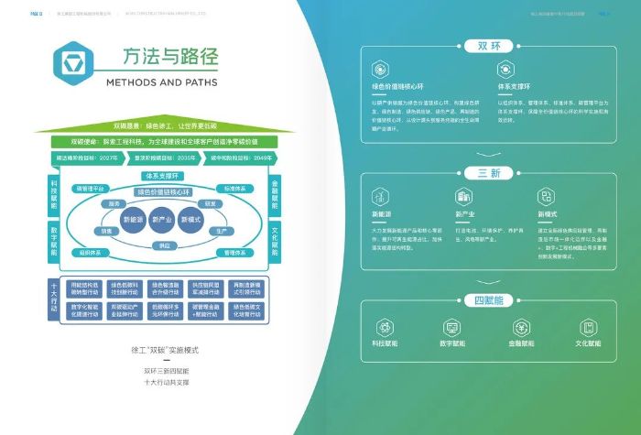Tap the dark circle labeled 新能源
coord(134,220)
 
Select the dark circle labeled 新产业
coord(163,220)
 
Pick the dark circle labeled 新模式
coord(191,220)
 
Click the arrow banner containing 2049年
coord(242,158)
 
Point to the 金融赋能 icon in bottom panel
coord(523,327)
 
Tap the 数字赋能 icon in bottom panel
coord(452,327)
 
